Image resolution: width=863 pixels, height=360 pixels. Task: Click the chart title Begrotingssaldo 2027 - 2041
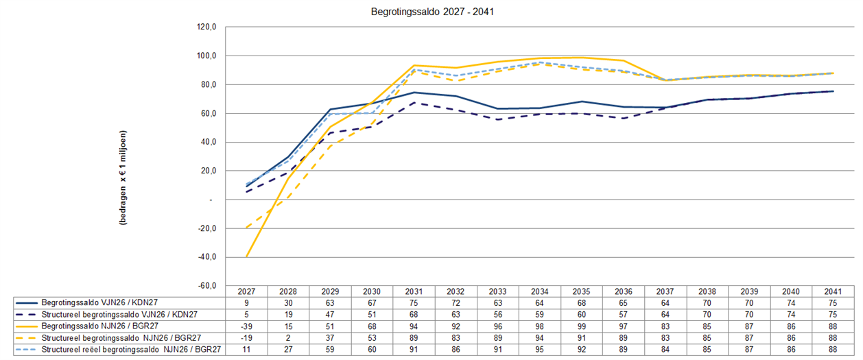[432, 12]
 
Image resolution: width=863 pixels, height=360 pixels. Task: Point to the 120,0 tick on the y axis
[206, 27]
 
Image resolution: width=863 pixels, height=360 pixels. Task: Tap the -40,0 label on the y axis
[206, 257]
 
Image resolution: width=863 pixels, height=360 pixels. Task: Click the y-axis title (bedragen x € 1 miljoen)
[123, 178]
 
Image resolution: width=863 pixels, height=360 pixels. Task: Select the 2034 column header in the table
[539, 291]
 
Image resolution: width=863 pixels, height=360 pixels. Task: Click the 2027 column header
[246, 291]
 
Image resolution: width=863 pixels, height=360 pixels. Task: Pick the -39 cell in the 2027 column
[246, 326]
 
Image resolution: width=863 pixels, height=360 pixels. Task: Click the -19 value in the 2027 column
[246, 338]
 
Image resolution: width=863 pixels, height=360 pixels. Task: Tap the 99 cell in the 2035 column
[581, 326]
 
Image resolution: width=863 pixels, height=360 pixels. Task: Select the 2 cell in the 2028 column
[288, 338]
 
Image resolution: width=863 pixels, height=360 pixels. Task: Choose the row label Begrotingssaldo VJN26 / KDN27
[99, 302]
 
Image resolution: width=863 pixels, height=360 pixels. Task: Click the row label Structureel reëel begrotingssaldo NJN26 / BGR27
[132, 350]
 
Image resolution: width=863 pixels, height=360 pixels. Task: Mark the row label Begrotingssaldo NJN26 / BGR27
[100, 326]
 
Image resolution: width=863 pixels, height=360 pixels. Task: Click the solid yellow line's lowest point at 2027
[246, 256]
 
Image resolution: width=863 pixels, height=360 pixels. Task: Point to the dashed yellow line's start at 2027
[246, 228]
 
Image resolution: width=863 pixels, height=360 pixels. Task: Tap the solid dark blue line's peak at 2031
[414, 93]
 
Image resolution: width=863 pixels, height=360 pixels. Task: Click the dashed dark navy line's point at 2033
[497, 119]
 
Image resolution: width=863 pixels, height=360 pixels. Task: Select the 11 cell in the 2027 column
[246, 350]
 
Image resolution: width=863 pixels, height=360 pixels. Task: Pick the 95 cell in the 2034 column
[539, 350]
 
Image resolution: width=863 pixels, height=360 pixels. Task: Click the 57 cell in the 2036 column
[624, 315]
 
